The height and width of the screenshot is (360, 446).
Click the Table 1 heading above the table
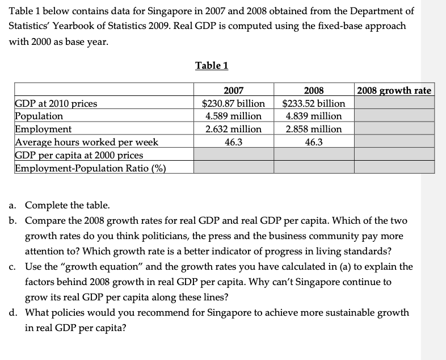(x=212, y=65)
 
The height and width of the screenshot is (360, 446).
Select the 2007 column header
(x=234, y=90)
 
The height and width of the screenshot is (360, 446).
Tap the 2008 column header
(x=314, y=90)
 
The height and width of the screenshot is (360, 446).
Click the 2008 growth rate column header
(x=394, y=90)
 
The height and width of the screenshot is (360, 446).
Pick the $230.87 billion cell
(x=234, y=103)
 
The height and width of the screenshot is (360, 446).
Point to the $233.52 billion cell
(x=314, y=103)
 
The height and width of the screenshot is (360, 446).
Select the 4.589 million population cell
(x=234, y=116)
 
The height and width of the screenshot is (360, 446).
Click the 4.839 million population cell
(x=314, y=116)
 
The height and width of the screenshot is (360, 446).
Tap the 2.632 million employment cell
(x=234, y=129)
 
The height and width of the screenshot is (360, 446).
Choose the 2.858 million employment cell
(x=314, y=129)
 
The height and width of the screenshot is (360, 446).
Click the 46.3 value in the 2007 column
(x=234, y=142)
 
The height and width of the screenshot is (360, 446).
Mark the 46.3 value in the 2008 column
(x=314, y=142)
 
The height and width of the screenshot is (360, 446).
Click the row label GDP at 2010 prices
(x=56, y=103)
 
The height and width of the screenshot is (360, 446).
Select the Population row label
(x=39, y=116)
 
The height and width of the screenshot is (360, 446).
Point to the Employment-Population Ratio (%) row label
(x=90, y=168)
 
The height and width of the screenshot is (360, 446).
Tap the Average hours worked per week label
(x=86, y=142)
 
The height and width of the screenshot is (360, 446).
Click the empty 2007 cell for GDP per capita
(x=234, y=154)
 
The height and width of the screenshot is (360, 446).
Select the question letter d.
(x=12, y=312)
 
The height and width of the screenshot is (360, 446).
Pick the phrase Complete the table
(x=68, y=205)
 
